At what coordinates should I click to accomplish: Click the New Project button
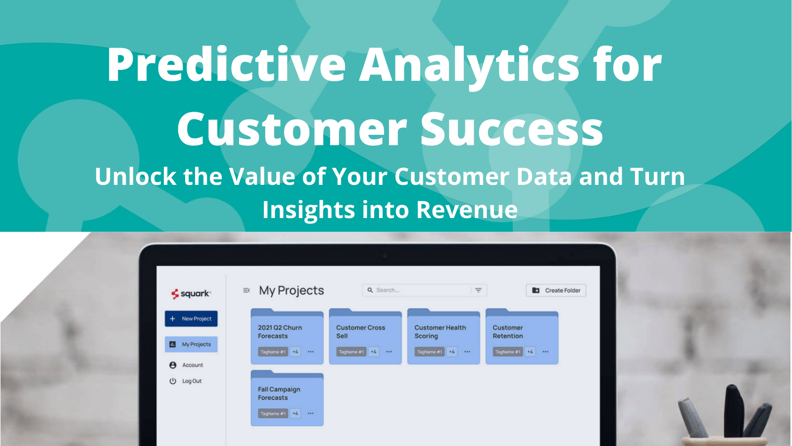coord(191,319)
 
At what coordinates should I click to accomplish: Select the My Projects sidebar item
coord(191,344)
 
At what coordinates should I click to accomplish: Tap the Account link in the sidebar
coord(192,365)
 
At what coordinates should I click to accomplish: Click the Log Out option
coord(192,381)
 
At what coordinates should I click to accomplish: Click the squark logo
coord(191,293)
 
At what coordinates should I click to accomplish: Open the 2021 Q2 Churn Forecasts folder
coord(287,332)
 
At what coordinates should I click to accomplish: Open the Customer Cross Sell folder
coord(365,332)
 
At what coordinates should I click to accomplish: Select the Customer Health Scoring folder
coord(443,332)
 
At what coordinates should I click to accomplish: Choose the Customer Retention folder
coord(521,332)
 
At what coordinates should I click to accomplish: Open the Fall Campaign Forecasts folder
coord(287,394)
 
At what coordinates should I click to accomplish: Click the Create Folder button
coord(556,290)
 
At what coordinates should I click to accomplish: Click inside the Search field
coord(418,290)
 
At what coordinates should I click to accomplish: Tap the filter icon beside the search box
coord(478,290)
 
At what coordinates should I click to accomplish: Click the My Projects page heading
coord(292,290)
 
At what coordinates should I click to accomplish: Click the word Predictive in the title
coord(226,65)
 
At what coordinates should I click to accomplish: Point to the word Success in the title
coord(511,129)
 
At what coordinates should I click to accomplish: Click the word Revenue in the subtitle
coord(467,210)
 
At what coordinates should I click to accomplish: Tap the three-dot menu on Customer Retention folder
coord(545,352)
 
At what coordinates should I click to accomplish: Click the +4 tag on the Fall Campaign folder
coord(296,413)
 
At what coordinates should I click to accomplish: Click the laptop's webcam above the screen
coord(385,256)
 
